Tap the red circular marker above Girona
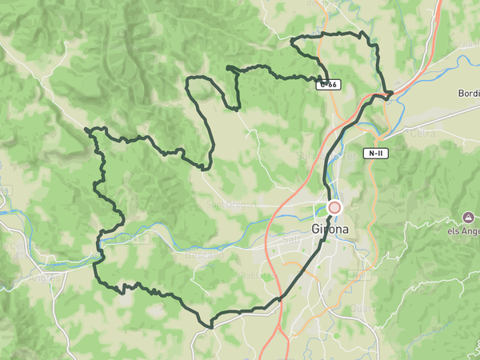[x=334, y=208]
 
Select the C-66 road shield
[x=327, y=84]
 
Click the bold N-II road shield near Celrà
[x=378, y=153]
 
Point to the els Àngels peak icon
[x=468, y=218]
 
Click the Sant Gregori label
[x=231, y=205]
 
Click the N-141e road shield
[x=128, y=238]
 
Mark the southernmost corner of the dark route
[x=210, y=326]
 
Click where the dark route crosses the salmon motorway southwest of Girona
[x=281, y=300]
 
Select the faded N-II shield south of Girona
[x=359, y=274]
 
